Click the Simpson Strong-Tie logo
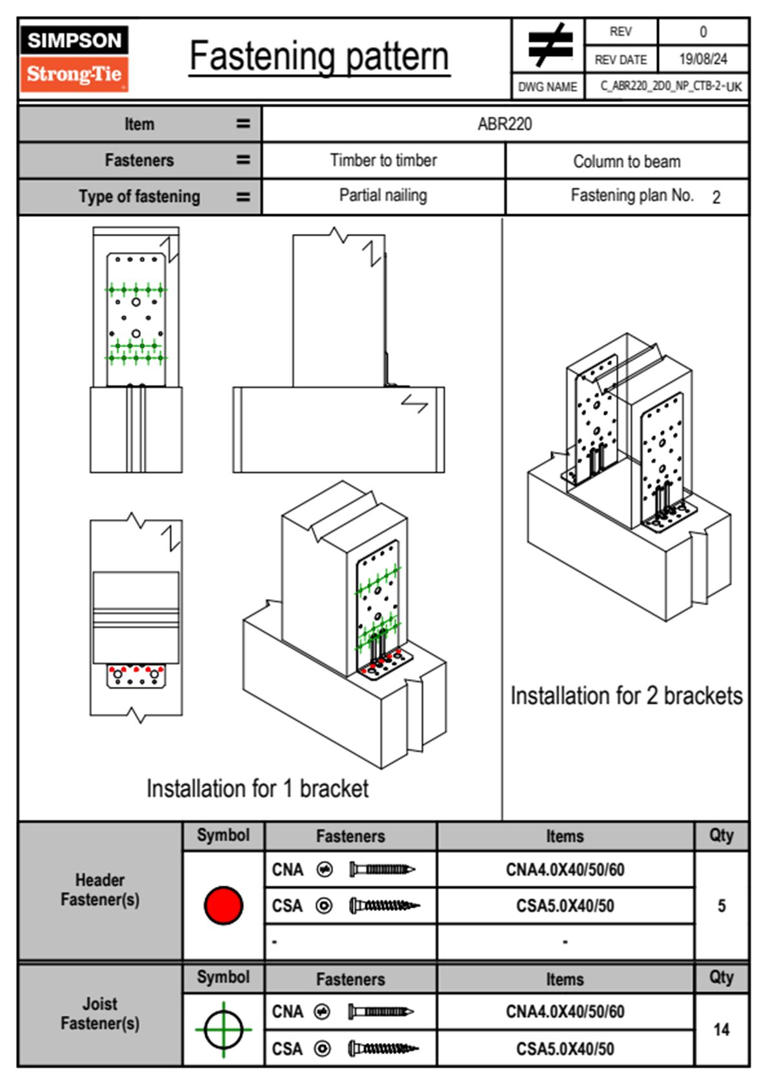(x=74, y=59)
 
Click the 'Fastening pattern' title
(x=319, y=57)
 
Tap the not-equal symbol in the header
(x=549, y=45)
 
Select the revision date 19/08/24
(x=703, y=59)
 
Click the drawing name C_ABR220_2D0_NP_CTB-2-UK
(x=671, y=86)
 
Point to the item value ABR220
(x=505, y=124)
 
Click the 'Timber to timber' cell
(x=383, y=160)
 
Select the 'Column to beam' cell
(x=627, y=161)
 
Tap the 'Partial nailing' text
(x=383, y=195)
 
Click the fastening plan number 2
(x=716, y=197)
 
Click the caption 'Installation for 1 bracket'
(x=258, y=788)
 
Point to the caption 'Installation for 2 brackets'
(x=626, y=696)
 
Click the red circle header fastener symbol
(x=223, y=905)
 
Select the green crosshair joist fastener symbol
(x=223, y=1030)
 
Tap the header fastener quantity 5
(x=722, y=906)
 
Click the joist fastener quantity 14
(x=722, y=1030)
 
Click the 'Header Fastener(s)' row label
(x=100, y=890)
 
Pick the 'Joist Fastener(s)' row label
(x=100, y=1013)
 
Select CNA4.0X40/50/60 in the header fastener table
(x=565, y=870)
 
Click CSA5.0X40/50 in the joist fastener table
(x=565, y=1049)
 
